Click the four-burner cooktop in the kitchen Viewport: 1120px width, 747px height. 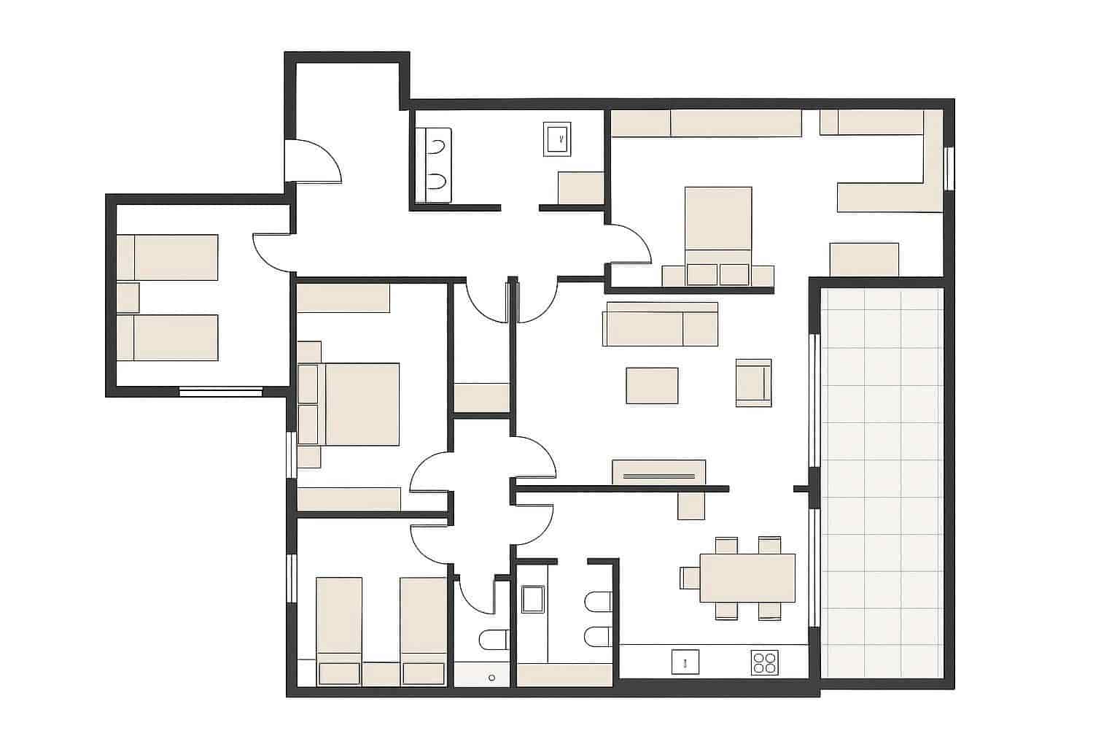tap(764, 662)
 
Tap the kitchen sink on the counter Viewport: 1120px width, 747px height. tap(685, 662)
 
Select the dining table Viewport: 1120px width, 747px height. tap(747, 577)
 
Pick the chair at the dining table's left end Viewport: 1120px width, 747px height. tap(689, 577)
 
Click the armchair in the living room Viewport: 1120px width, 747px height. tap(753, 382)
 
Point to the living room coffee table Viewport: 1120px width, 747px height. tap(652, 385)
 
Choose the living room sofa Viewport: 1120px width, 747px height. tap(660, 324)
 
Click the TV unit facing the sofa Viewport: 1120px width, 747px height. tap(658, 471)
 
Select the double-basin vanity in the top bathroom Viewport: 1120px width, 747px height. tap(434, 165)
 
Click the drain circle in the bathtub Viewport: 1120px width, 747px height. tap(492, 678)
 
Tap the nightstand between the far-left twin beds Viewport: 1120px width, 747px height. tap(128, 297)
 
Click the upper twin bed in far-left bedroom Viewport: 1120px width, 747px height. tap(168, 257)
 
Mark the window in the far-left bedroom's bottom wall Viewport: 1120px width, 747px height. tap(220, 392)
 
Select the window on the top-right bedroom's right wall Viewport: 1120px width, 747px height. tap(949, 169)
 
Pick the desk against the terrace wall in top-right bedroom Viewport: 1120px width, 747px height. tap(864, 259)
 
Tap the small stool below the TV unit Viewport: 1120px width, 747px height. tap(691, 505)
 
